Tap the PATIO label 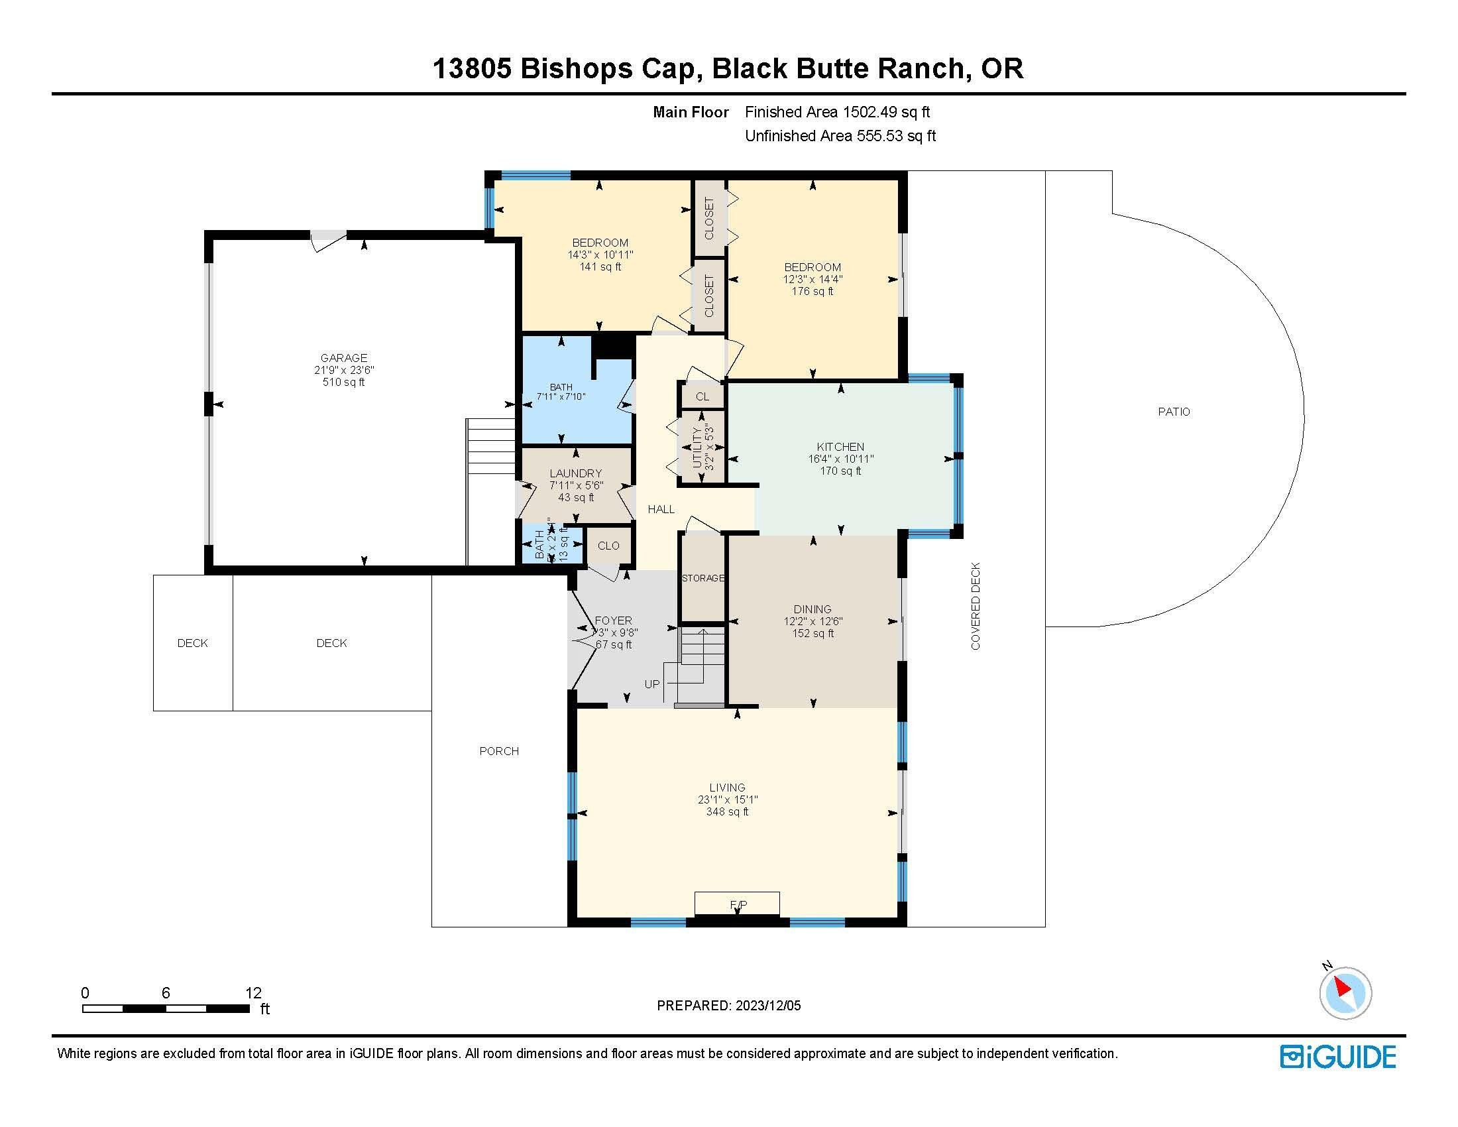1174,412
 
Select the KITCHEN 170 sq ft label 840,459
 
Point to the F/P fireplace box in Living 737,904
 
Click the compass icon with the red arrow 1345,993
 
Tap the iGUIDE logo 1338,1057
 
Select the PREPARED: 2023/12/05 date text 728,1006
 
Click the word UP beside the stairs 651,683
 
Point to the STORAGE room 702,578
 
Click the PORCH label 498,751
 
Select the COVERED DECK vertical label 976,606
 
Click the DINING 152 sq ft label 813,621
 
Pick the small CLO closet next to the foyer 608,546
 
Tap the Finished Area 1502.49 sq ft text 837,112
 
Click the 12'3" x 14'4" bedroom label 813,280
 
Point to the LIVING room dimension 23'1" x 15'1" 728,800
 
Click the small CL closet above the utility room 702,396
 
